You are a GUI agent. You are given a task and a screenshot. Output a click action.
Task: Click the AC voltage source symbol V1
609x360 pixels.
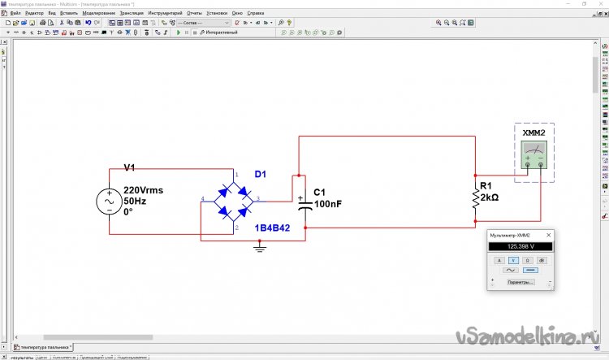click(x=110, y=202)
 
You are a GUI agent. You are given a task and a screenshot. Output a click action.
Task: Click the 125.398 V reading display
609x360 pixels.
click(x=520, y=246)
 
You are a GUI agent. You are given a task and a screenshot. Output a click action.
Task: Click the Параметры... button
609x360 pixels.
click(x=520, y=283)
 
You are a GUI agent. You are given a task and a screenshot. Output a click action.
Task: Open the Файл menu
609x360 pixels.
click(x=15, y=14)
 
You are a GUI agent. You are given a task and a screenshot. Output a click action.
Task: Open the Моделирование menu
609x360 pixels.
click(x=98, y=14)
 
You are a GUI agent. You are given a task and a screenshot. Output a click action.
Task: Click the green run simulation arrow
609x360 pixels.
click(x=178, y=33)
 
